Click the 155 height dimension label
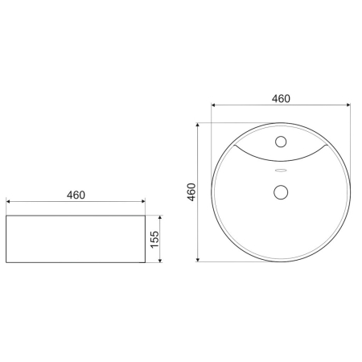(156, 239)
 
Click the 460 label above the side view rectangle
(76, 195)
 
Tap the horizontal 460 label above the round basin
(280, 98)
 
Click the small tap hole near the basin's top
(281, 142)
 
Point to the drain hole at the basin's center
(281, 192)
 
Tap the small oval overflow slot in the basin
(281, 171)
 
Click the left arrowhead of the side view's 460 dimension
(8, 202)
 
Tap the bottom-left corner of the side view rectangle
(6, 262)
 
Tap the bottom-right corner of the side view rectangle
(146, 262)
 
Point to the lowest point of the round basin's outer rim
(281, 261)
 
